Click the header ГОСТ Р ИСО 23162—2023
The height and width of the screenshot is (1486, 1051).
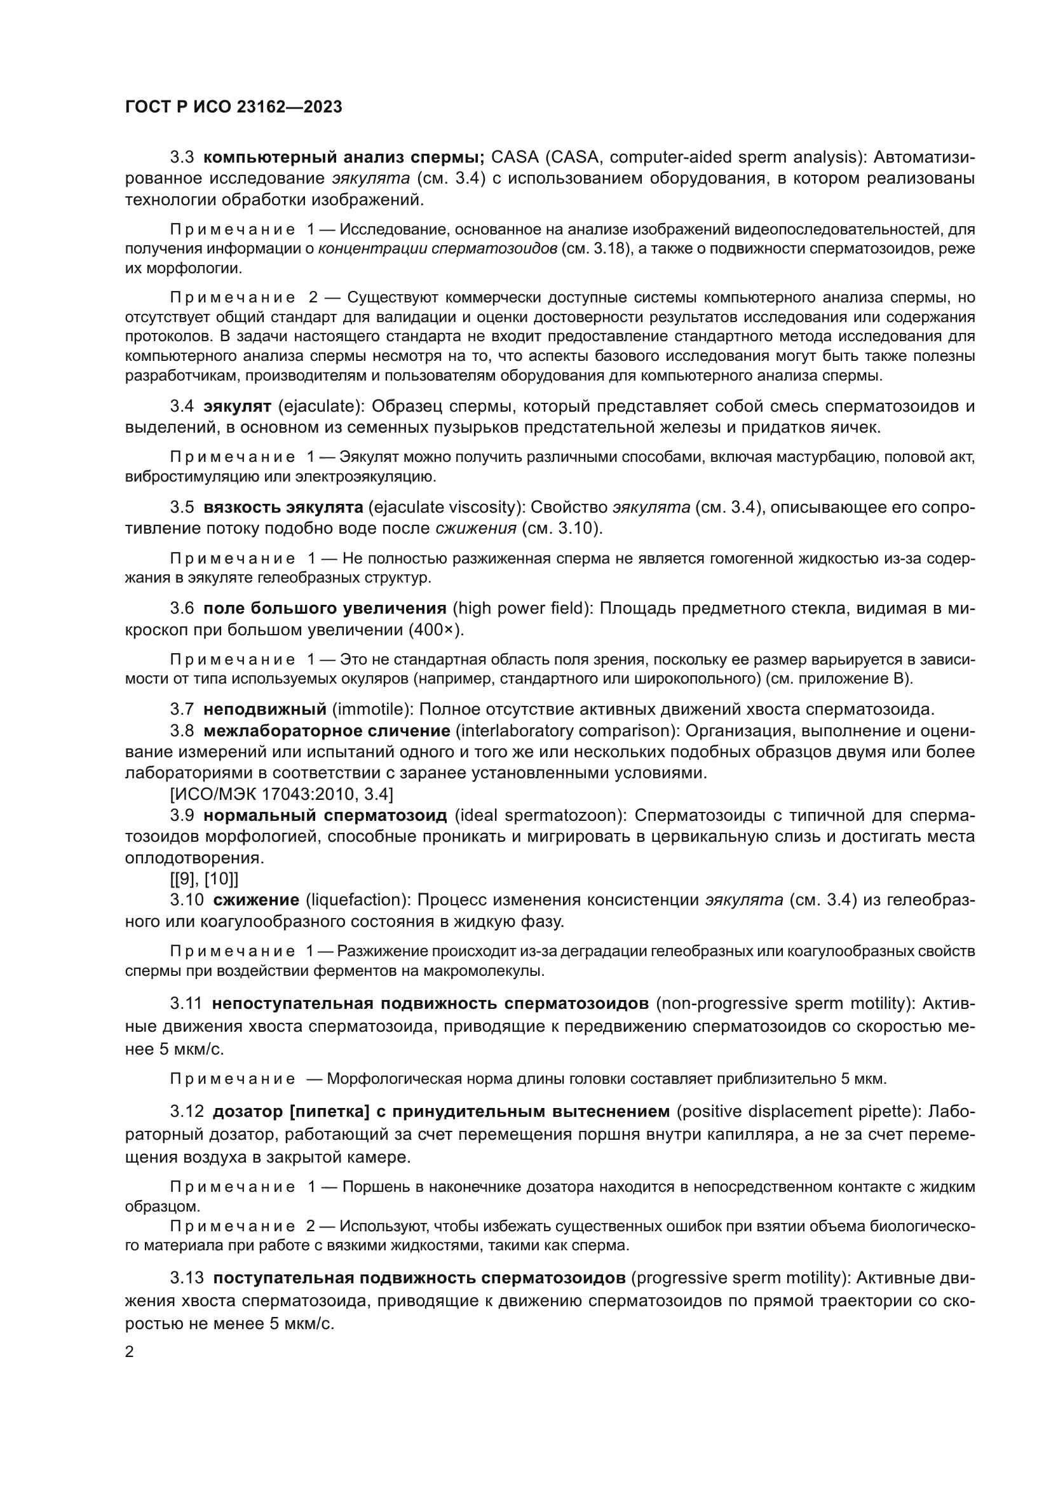pos(233,107)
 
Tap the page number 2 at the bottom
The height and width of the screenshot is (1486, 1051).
pos(130,1351)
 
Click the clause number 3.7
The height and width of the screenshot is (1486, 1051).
pos(182,710)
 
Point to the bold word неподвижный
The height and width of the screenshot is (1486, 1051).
pos(265,710)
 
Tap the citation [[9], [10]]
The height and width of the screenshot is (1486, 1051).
pos(204,879)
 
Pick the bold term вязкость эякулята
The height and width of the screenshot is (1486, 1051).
pos(283,508)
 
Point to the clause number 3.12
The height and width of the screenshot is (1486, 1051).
pos(186,1112)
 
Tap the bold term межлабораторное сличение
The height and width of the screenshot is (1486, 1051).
pos(327,731)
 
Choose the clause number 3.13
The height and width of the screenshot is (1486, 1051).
pos(186,1278)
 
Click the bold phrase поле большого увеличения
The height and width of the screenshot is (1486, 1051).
pos(325,609)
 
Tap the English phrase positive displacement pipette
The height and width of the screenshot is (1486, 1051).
pos(797,1112)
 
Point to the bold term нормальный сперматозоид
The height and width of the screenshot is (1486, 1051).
pos(325,815)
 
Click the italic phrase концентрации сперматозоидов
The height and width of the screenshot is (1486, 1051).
pos(437,248)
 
